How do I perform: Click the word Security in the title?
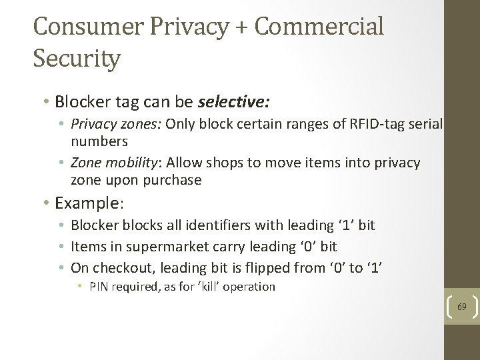click(77, 58)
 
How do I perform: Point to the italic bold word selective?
click(233, 102)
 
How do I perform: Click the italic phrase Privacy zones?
click(116, 125)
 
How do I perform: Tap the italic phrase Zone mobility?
click(115, 163)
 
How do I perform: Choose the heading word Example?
click(81, 203)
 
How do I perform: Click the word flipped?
click(259, 268)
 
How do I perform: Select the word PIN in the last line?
click(97, 287)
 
